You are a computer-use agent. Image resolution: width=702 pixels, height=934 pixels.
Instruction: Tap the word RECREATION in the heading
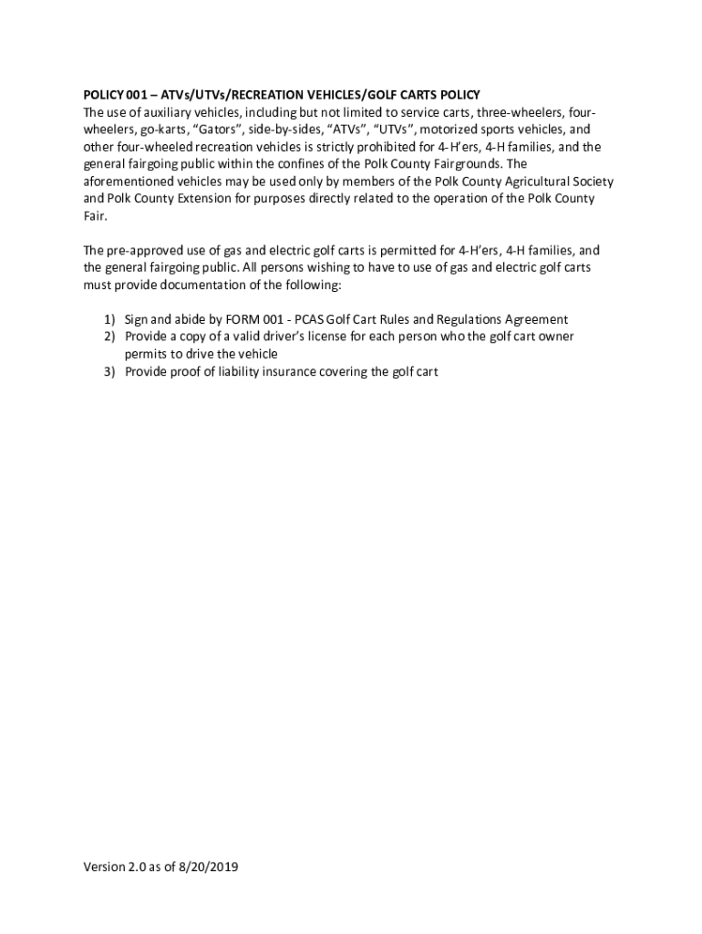point(270,95)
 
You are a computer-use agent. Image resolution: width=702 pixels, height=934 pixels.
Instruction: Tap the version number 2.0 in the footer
point(130,867)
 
